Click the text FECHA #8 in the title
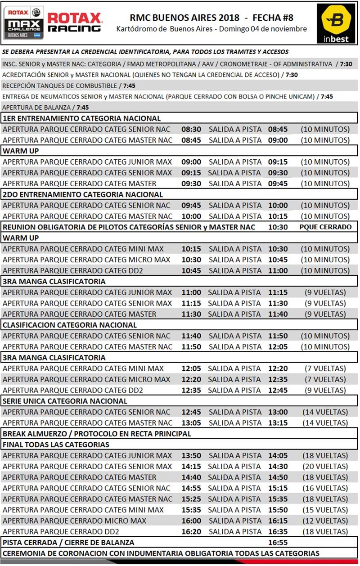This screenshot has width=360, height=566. [x=273, y=18]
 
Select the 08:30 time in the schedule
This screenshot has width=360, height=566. [x=191, y=129]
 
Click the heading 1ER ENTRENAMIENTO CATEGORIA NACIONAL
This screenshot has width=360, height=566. [x=81, y=118]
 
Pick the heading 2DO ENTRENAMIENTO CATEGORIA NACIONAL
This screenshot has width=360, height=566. [x=83, y=194]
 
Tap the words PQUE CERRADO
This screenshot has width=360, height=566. [x=325, y=227]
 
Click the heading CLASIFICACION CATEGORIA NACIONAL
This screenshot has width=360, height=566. [x=70, y=325]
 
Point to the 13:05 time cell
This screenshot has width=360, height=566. [x=191, y=423]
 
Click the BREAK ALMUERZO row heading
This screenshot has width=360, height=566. [x=97, y=434]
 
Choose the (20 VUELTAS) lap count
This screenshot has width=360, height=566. [x=325, y=467]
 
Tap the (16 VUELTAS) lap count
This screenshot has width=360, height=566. [x=325, y=488]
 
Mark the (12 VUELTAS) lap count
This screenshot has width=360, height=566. [x=325, y=521]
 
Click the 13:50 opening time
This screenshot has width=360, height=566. [x=191, y=456]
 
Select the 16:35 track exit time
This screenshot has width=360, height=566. [x=278, y=531]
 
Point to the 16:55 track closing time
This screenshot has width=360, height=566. [x=278, y=543]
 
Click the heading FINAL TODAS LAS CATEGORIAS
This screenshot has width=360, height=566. [x=56, y=445]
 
